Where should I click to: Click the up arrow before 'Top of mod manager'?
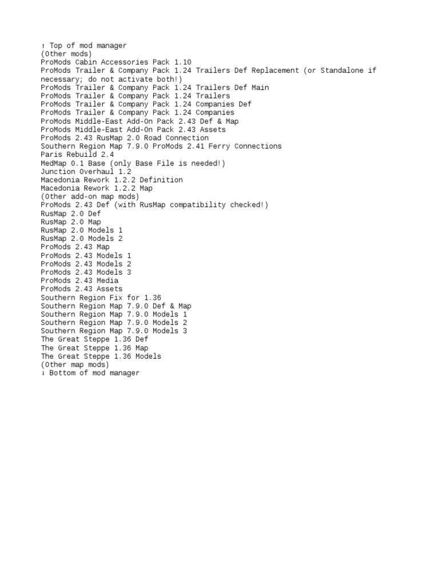coord(43,46)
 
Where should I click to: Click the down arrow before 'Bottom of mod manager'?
coord(43,373)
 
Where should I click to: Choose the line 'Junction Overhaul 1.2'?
coord(86,172)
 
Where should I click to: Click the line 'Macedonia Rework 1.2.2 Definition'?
coord(111,180)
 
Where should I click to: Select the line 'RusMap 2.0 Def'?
coord(71,213)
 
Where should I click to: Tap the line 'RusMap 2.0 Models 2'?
coord(82,239)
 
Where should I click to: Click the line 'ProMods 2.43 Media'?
coord(79,280)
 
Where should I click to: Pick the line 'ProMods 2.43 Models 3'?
coord(86,272)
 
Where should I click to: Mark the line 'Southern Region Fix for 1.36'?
coord(101,298)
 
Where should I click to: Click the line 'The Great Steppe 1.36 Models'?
coord(101,356)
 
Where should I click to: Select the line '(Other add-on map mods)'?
coord(90,197)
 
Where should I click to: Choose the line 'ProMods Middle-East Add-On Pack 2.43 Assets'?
coord(133,129)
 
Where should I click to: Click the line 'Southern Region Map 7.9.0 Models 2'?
coord(114,323)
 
